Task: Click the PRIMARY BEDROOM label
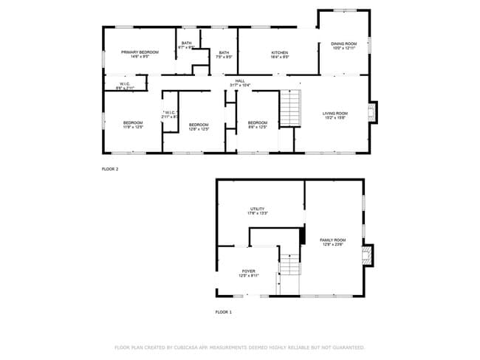[x=140, y=52]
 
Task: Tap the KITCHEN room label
[x=279, y=53]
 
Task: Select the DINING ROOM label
[x=343, y=44]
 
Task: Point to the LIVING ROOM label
[x=335, y=114]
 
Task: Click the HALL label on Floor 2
[x=240, y=81]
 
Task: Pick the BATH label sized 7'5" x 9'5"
[x=224, y=52]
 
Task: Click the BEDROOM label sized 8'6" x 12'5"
[x=257, y=122]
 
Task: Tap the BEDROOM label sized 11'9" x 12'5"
[x=133, y=122]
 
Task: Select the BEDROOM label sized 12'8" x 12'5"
[x=199, y=125]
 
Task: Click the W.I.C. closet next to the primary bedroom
[x=125, y=84]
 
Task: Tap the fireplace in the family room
[x=368, y=255]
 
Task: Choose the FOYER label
[x=249, y=271]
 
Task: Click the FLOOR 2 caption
[x=109, y=169]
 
